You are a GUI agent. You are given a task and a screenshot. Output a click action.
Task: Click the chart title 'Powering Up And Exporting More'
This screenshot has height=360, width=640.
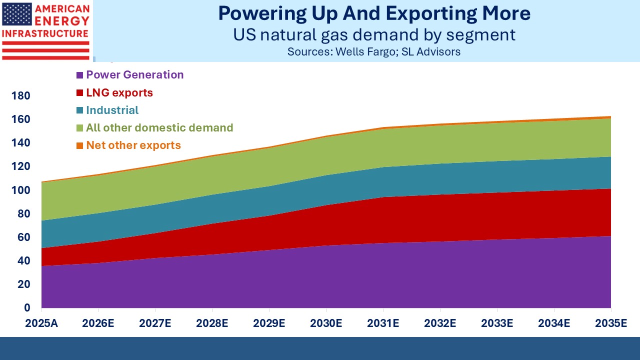point(374,13)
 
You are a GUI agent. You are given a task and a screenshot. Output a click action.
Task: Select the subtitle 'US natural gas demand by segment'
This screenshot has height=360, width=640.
point(374,35)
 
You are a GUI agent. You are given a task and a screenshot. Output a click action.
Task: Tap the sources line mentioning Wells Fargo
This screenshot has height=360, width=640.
point(374,51)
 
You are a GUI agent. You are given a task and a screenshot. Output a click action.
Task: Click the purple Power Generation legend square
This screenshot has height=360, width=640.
point(79,75)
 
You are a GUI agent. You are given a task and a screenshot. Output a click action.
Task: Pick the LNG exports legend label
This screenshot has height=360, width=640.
point(119,92)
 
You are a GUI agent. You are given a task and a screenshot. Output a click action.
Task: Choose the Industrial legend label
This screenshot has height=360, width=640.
point(112,110)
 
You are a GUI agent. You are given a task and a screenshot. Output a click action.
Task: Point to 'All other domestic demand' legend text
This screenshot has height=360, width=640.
point(159,127)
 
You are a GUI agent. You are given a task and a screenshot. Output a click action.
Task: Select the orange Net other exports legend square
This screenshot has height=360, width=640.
point(79,145)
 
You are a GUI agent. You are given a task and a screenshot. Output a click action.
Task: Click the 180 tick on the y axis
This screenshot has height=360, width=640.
point(20,95)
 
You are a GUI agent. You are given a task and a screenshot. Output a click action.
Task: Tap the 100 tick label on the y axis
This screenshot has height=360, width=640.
point(20,190)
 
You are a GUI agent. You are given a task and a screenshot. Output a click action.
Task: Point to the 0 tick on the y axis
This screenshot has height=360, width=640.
point(27,307)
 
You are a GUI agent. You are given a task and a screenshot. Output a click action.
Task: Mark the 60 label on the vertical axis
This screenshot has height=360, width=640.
point(23,237)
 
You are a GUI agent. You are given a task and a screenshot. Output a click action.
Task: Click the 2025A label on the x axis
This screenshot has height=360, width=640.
point(41,323)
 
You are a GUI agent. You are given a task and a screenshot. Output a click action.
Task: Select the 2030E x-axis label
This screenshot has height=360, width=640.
point(326,323)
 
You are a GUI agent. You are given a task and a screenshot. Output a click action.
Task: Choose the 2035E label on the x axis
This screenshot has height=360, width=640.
point(611,323)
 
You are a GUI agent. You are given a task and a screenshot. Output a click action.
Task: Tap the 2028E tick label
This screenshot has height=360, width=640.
point(212,323)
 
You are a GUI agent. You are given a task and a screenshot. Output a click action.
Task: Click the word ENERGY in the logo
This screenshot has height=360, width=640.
point(61,21)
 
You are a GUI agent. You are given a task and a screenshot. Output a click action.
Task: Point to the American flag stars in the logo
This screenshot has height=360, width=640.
point(17,14)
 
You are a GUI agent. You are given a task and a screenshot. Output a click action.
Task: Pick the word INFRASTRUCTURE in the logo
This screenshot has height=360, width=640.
point(45,33)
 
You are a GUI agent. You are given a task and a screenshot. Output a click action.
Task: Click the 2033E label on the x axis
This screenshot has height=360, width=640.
point(497,323)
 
